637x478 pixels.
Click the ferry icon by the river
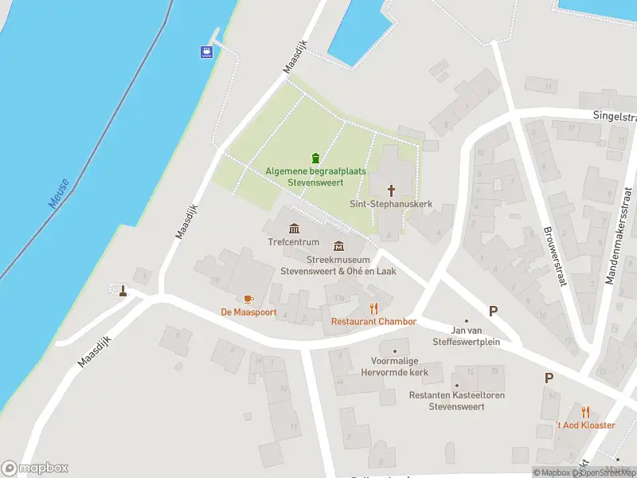pos(206,53)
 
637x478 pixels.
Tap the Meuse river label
pos(59,194)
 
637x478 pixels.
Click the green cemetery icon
pos(316,157)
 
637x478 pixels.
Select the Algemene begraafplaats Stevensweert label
pos(315,176)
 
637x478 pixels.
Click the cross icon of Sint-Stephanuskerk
pos(392,190)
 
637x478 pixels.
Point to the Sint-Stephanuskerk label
pos(391,204)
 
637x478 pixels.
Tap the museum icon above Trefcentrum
pos(294,229)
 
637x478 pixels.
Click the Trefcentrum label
pos(294,242)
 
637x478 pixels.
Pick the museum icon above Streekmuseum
pos(338,245)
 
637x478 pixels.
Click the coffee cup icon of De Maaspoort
pos(248,299)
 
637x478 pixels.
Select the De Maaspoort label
pos(248,312)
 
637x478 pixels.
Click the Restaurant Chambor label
pos(373,322)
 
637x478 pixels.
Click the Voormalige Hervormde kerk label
pos(394,367)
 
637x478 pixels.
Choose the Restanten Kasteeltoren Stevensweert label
pos(456,401)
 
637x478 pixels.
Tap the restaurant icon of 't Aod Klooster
pos(586,411)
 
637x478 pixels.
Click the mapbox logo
pos(35,468)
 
